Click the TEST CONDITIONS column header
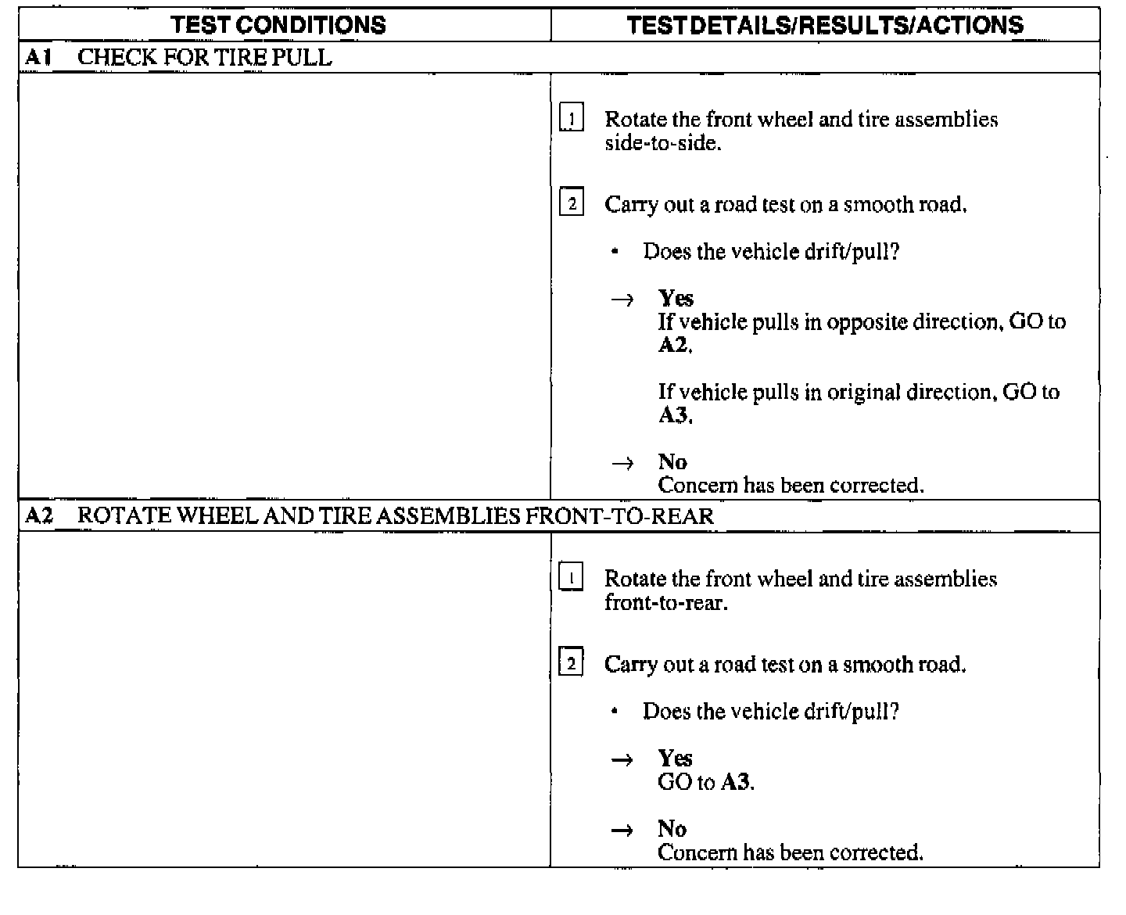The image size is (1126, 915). [278, 25]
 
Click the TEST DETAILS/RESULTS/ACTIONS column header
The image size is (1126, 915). [825, 25]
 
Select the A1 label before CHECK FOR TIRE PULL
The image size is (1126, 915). [38, 57]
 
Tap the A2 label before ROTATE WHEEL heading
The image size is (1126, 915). [38, 516]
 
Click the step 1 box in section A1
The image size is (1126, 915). [572, 120]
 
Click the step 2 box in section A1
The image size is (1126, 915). [572, 205]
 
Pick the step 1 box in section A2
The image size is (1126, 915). [572, 579]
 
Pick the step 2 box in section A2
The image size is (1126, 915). [572, 664]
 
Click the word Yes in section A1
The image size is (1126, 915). [676, 299]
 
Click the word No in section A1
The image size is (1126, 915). [672, 462]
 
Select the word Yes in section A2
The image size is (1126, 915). [675, 758]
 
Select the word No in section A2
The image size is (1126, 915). [672, 829]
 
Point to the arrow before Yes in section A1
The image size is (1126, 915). [622, 300]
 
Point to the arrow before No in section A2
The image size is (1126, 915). [622, 831]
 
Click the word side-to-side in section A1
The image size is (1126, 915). [662, 144]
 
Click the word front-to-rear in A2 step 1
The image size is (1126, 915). [665, 603]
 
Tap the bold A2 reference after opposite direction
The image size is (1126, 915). [674, 346]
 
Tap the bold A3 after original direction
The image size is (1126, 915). [674, 415]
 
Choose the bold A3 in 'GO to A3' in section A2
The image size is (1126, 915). [737, 782]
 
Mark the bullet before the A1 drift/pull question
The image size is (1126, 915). [616, 252]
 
